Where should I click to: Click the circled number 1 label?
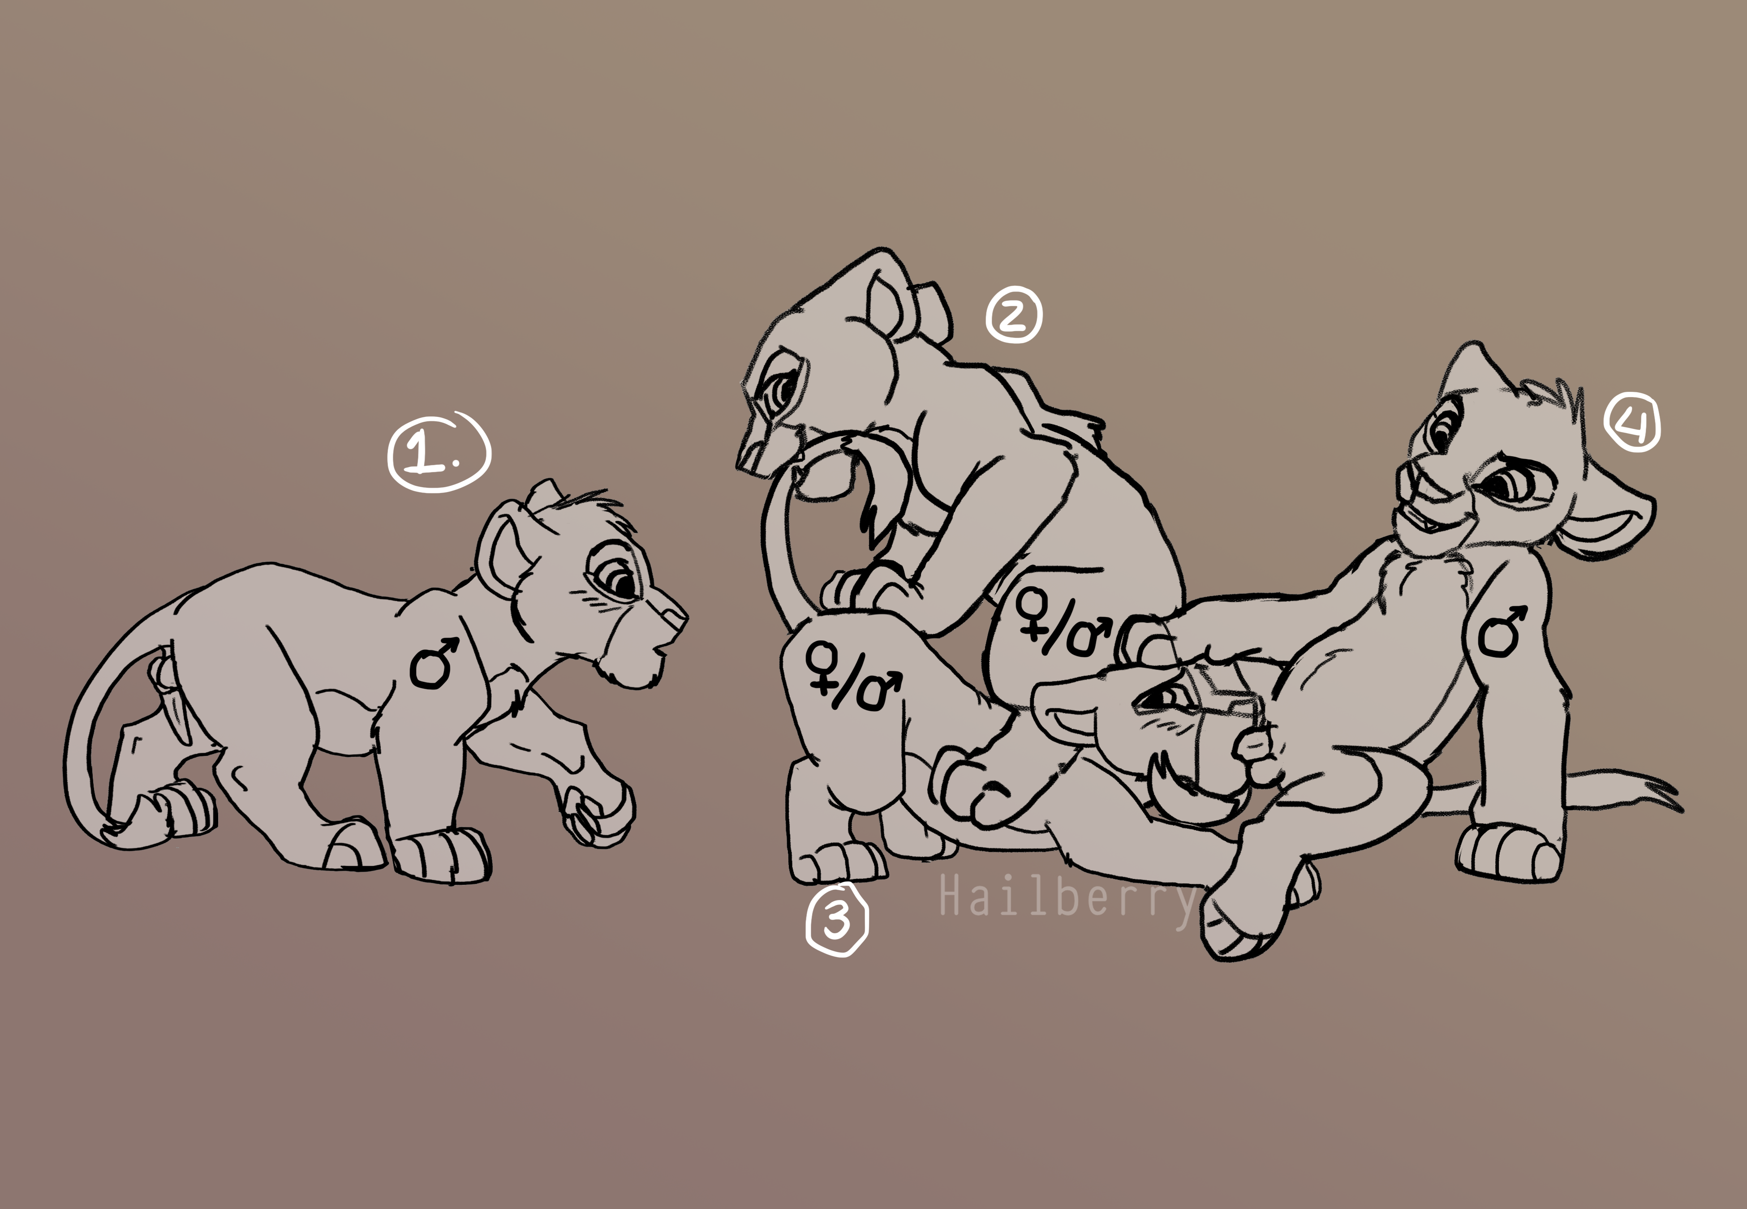pos(438,452)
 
